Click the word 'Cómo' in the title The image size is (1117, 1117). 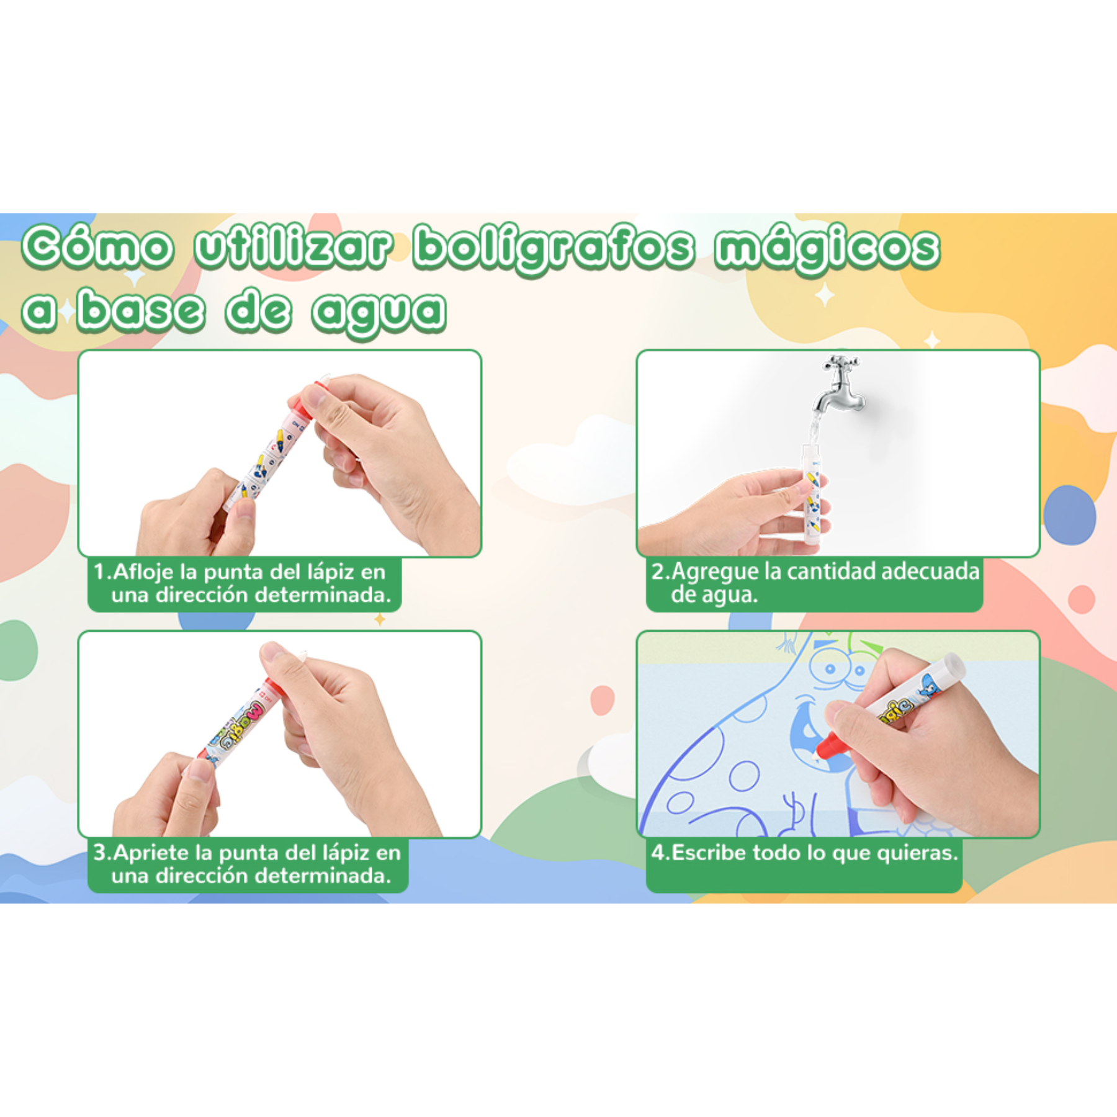coord(97,247)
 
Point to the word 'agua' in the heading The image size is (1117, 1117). coord(379,312)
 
